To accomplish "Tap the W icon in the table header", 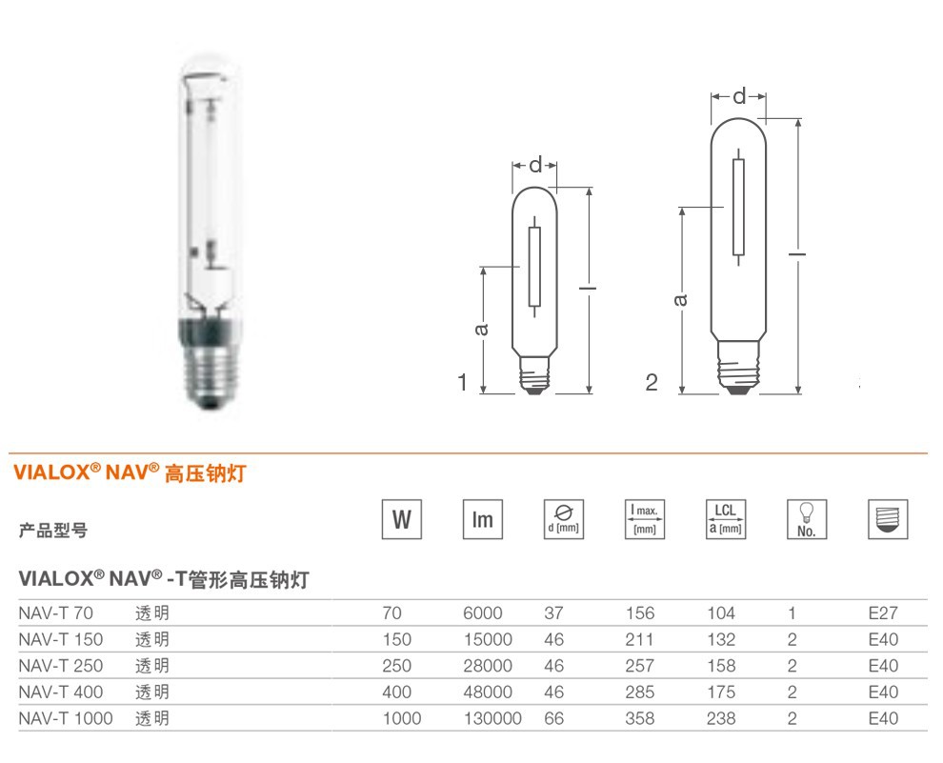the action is (402, 519).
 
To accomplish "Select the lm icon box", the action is (482, 519).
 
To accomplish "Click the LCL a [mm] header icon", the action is (725, 519).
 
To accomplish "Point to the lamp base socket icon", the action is (888, 519).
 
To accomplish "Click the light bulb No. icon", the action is (807, 519).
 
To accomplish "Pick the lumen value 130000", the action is (492, 718).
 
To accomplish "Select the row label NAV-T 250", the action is (61, 666).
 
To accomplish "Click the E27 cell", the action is (883, 613).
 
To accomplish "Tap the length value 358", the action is (639, 718).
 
